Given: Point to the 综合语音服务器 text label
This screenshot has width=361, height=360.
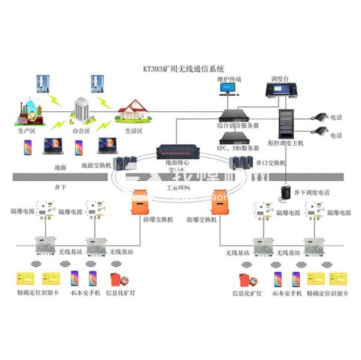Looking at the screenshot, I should tap(238, 126).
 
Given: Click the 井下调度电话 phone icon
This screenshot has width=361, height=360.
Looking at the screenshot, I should tap(286, 192).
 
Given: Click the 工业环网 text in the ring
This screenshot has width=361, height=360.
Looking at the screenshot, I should tap(178, 188).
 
